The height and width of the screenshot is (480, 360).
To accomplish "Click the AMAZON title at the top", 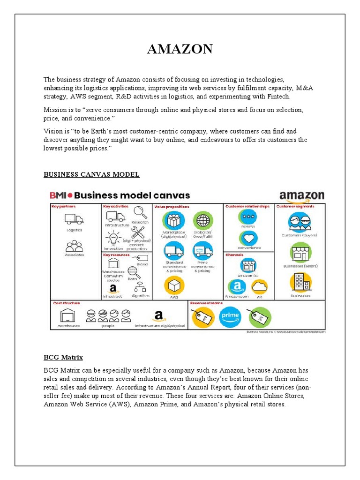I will click(x=180, y=49).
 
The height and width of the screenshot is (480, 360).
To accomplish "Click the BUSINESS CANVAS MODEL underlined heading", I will click(x=91, y=174).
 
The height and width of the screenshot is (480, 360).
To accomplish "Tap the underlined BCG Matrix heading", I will click(x=63, y=357).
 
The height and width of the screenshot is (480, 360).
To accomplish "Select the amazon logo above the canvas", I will click(x=301, y=195).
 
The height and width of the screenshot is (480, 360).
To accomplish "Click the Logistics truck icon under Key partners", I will click(x=74, y=219).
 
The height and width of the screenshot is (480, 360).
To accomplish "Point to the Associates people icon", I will click(x=74, y=246).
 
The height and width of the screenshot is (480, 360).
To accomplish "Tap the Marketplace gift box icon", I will click(x=174, y=220).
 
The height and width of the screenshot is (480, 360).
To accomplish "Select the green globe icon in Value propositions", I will click(x=203, y=220).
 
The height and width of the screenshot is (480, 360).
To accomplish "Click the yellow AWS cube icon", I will click(x=174, y=285).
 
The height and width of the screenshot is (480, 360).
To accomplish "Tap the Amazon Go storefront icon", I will click(x=248, y=266).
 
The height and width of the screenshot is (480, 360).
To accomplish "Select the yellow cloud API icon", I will click(x=259, y=286).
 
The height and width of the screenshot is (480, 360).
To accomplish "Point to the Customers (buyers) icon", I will click(x=300, y=222).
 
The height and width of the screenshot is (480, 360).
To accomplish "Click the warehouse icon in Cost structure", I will click(x=69, y=315).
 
